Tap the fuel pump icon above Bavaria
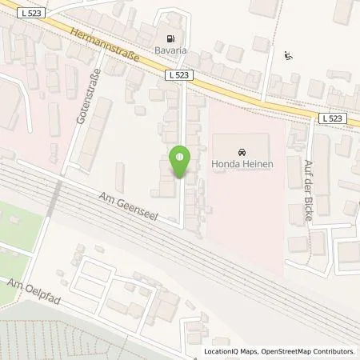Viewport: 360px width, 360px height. tap(170, 38)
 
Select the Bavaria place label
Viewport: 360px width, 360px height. tap(170, 50)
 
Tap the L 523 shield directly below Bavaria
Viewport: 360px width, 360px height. tap(178, 74)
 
